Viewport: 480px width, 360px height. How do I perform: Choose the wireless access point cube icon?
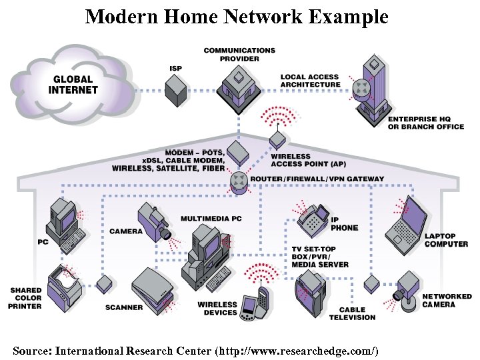click(278, 140)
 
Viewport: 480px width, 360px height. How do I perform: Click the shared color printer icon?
click(65, 284)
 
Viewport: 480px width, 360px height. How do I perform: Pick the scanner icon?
click(153, 287)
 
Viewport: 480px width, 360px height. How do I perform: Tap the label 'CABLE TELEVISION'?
click(351, 313)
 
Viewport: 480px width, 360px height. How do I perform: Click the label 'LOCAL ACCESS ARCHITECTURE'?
click(310, 81)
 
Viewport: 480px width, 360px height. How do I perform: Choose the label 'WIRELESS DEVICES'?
click(217, 309)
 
